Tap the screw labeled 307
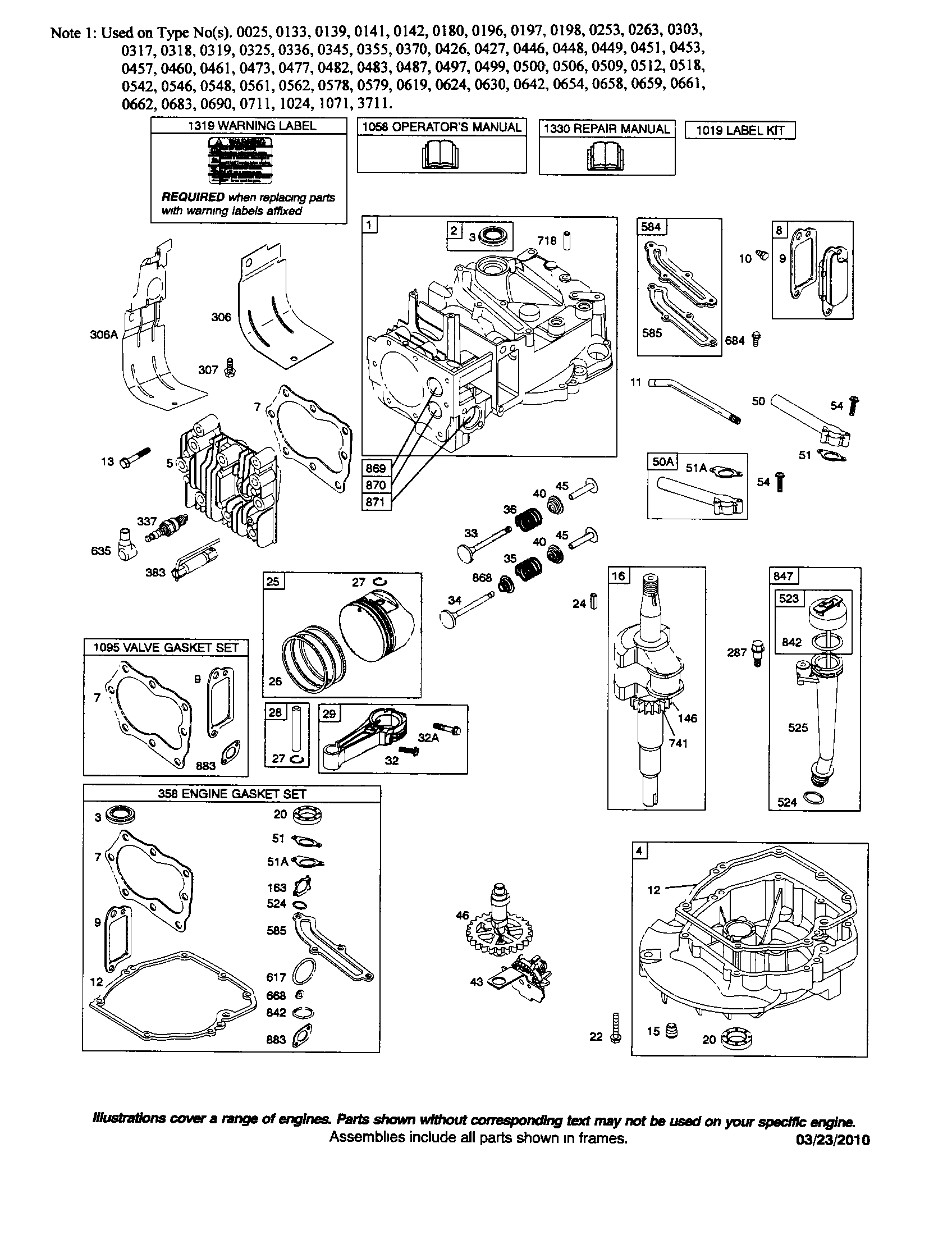230,368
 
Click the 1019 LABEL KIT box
739,131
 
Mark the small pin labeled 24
593,602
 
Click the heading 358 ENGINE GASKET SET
232,794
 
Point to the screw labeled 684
757,339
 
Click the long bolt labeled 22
616,1027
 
